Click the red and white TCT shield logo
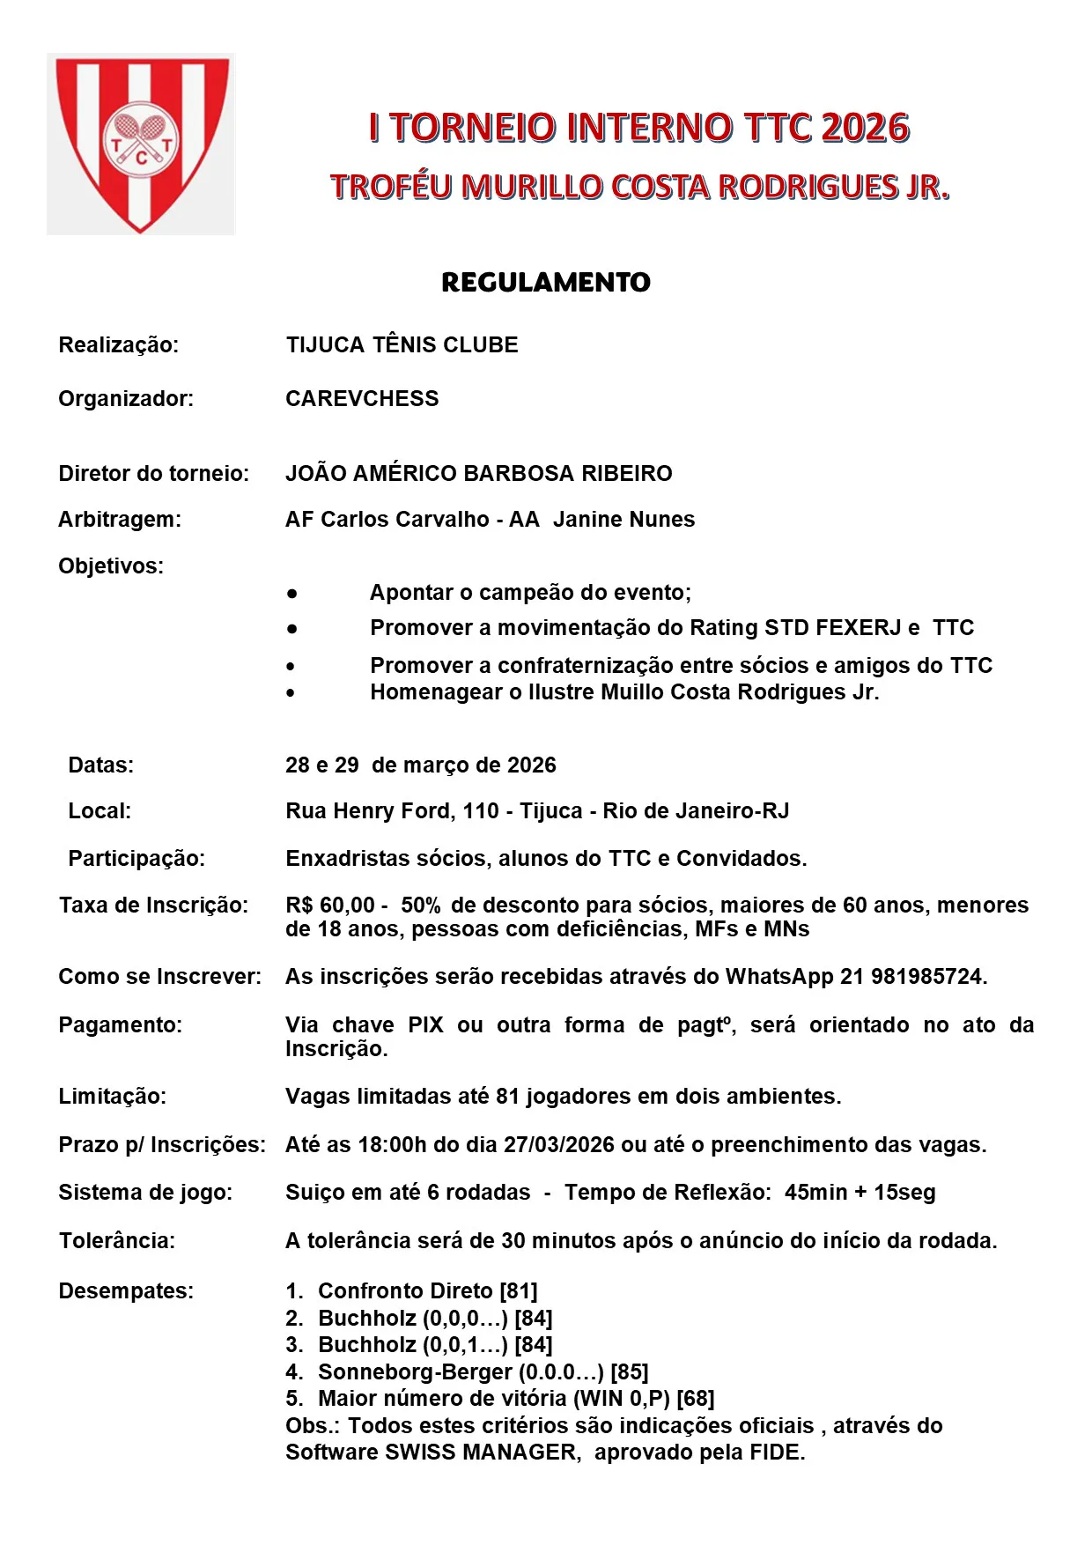141,144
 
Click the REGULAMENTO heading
545,282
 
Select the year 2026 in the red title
866,128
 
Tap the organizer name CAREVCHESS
362,398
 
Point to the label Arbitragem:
120,519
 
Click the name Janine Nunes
623,519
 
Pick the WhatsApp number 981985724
926,976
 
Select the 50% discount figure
421,905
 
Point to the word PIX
426,1024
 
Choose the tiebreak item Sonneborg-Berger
415,1371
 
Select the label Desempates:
126,1290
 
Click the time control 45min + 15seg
860,1192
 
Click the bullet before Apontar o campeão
291,593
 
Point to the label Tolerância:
117,1240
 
